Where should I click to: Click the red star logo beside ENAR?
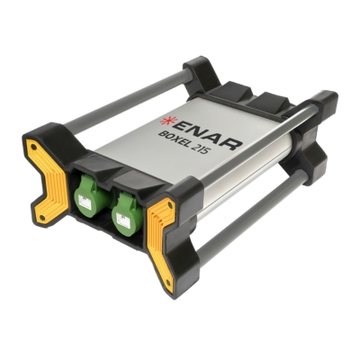[165, 122]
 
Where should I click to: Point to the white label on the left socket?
[83, 202]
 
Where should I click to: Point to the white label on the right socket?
[124, 220]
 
